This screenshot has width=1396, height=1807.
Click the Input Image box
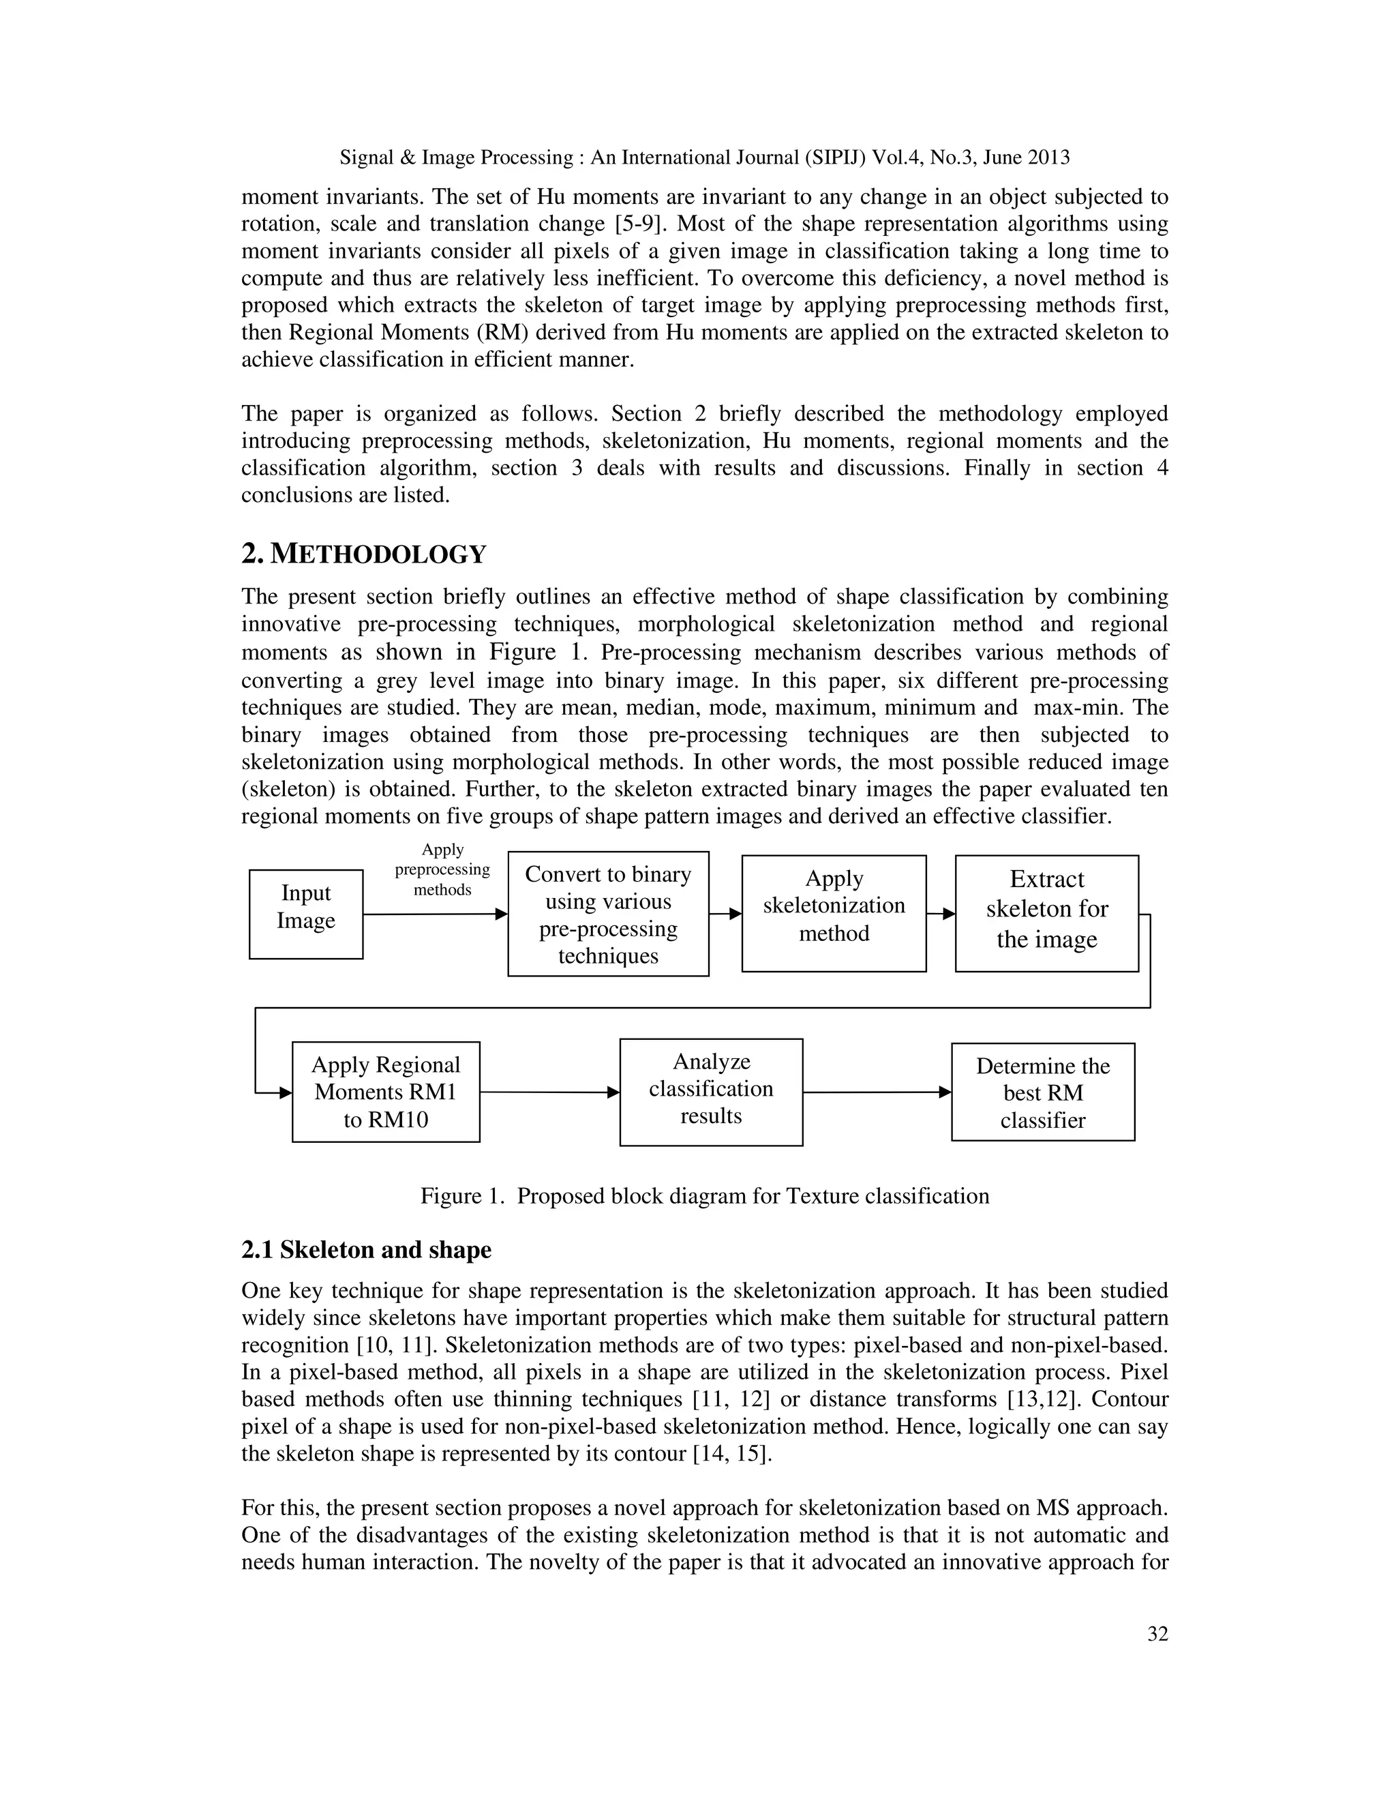306,914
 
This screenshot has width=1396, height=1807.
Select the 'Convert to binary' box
608,914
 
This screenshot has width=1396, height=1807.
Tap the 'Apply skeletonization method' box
834,914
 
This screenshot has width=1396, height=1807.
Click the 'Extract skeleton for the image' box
1047,914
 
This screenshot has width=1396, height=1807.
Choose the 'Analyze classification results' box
711,1092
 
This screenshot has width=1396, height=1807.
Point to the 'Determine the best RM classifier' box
1043,1092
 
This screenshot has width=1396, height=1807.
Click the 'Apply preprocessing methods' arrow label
442,869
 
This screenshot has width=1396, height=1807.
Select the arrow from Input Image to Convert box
434,914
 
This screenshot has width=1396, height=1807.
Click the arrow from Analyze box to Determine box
877,1092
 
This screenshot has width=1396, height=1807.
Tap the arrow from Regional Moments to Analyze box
549,1092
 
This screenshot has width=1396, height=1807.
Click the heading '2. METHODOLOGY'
364,554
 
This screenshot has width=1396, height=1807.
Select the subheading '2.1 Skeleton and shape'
366,1249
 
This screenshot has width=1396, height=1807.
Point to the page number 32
1158,1634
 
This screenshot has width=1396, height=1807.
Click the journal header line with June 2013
705,158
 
